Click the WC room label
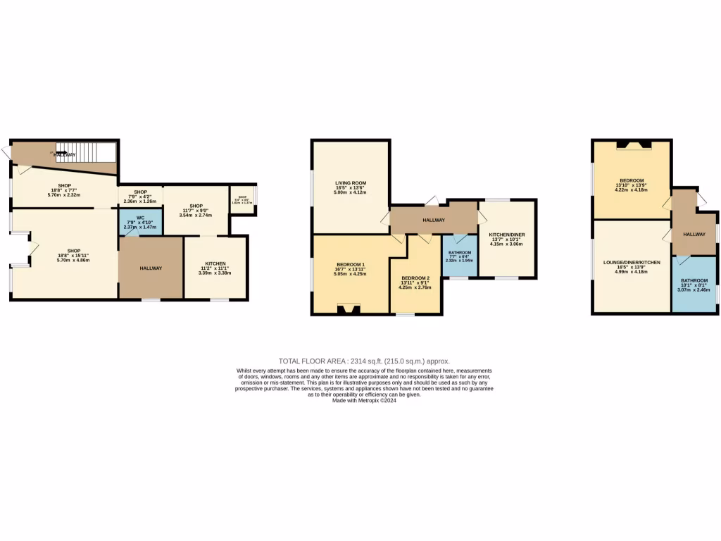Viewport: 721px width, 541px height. tap(139, 218)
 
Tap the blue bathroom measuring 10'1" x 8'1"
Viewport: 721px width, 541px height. tap(694, 284)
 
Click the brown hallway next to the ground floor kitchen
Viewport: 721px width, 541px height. tap(151, 268)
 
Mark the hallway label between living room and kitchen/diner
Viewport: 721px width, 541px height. tap(434, 220)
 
